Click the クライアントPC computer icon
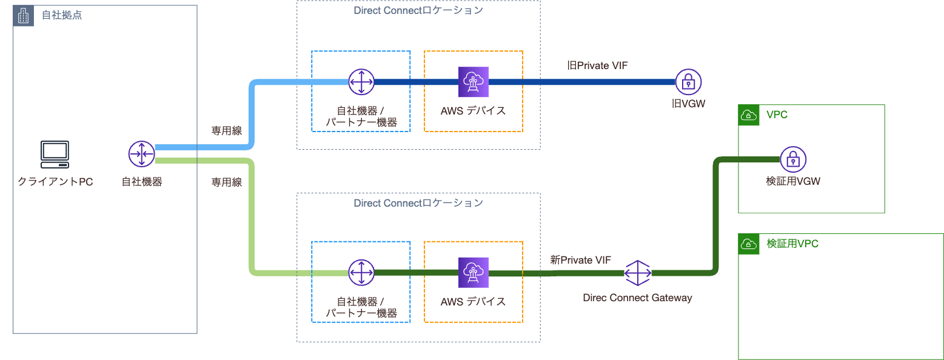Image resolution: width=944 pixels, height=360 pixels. tap(55, 154)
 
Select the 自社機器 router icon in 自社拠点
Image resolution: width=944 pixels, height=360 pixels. tap(142, 154)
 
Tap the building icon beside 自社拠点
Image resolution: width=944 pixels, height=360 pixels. tap(23, 16)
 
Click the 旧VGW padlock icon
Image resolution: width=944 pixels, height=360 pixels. tap(688, 82)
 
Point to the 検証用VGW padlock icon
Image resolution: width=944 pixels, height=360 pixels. tap(792, 159)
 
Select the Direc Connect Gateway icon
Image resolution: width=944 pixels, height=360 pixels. tap(637, 273)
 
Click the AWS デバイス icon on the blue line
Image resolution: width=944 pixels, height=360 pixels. tap(473, 82)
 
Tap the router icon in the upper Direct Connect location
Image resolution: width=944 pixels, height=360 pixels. tap(361, 82)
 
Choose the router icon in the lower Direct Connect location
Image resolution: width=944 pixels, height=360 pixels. tap(361, 273)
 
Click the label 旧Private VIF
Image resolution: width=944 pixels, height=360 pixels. tap(592, 65)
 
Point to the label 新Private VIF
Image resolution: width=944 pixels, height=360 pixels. tap(580, 260)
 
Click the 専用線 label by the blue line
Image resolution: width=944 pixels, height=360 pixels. tap(226, 130)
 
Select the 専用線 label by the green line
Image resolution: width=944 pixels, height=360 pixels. tap(226, 182)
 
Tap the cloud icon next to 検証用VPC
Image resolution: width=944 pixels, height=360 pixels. tap(749, 244)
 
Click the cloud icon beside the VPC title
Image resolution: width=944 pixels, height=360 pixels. tap(749, 115)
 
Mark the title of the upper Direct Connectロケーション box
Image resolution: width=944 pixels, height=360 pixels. tap(418, 11)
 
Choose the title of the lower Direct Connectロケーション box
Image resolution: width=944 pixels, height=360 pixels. tap(418, 203)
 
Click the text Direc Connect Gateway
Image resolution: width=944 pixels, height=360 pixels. tap(637, 298)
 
